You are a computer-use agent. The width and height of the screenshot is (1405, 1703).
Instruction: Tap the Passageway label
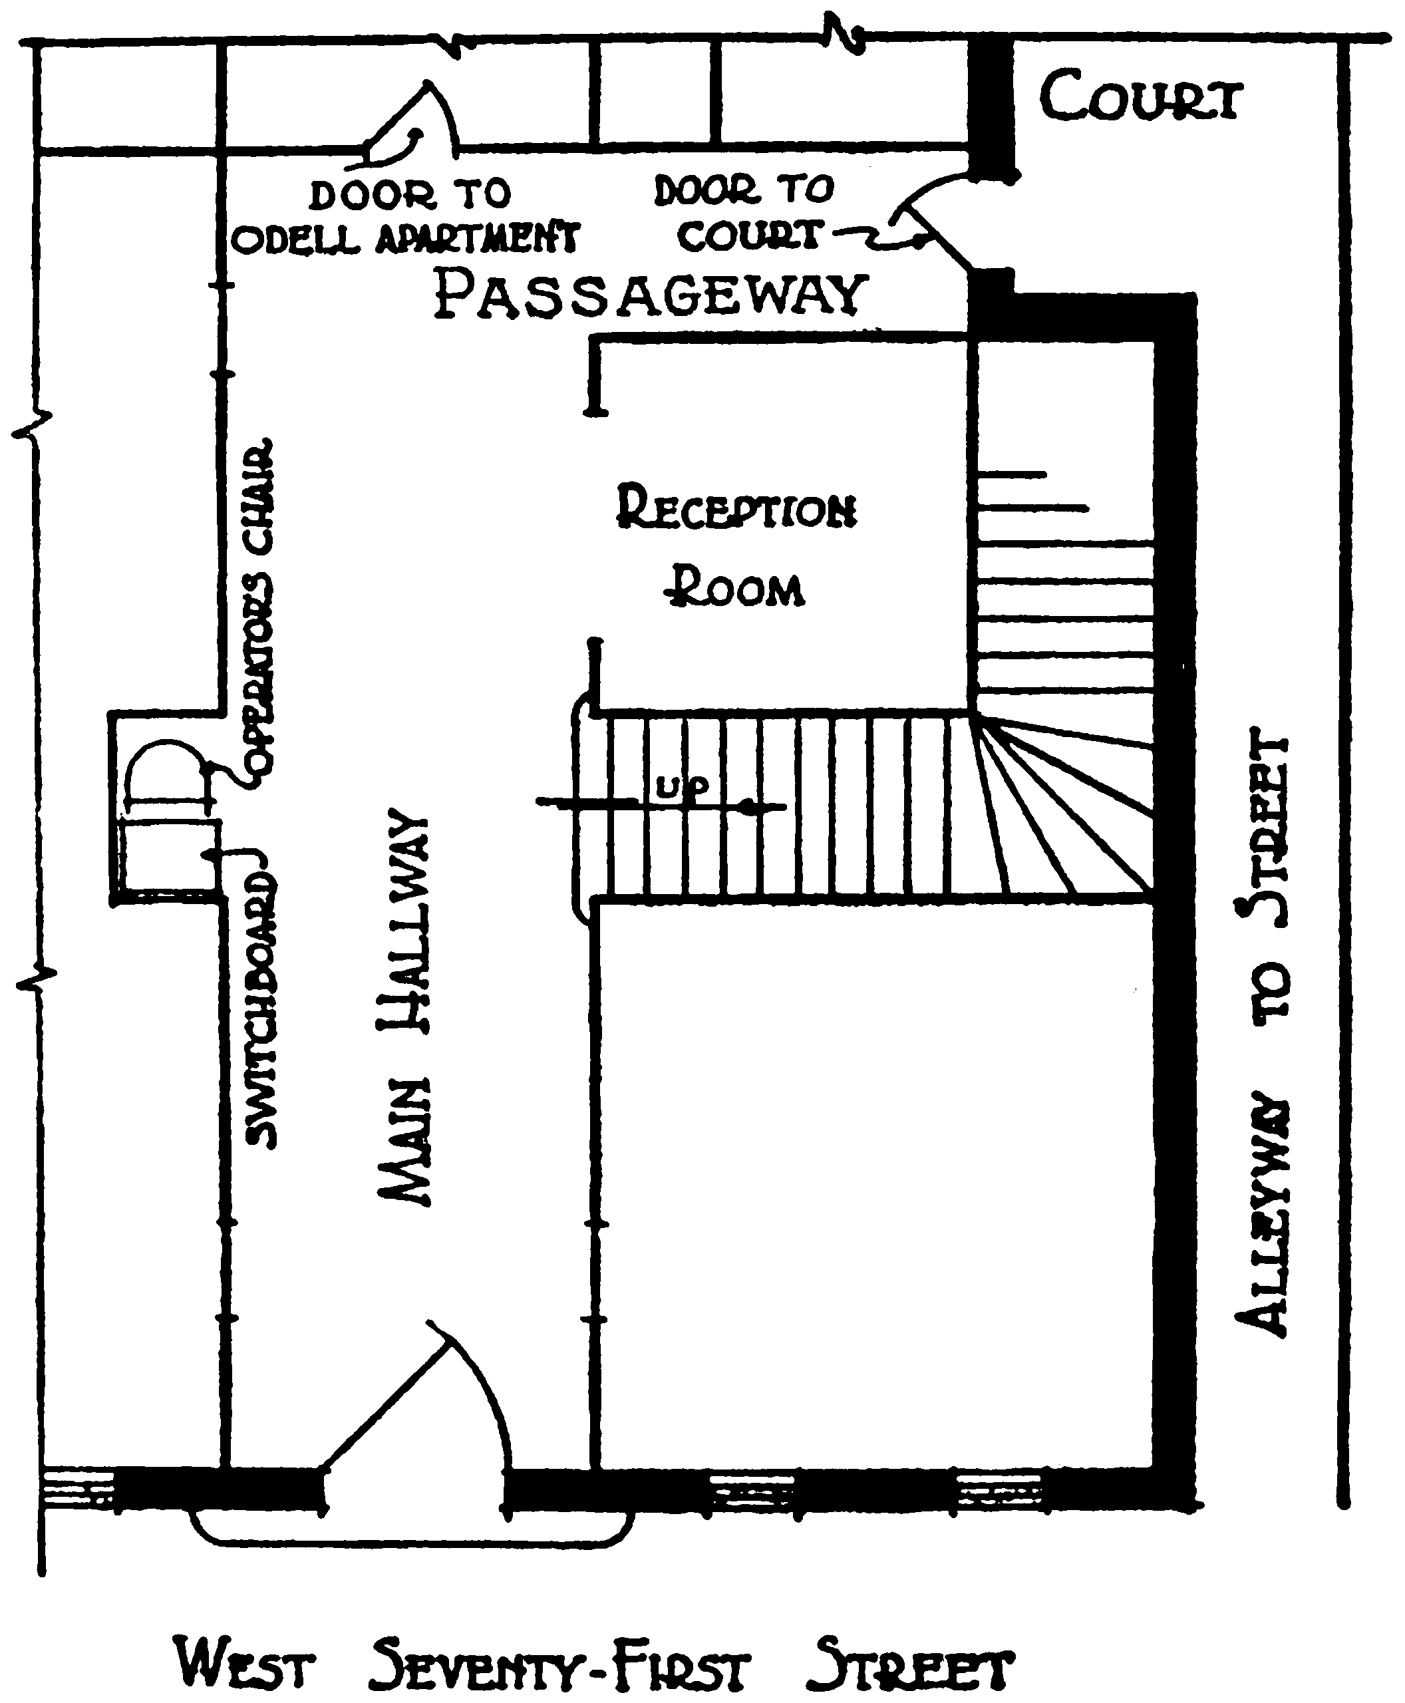pyautogui.click(x=650, y=295)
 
